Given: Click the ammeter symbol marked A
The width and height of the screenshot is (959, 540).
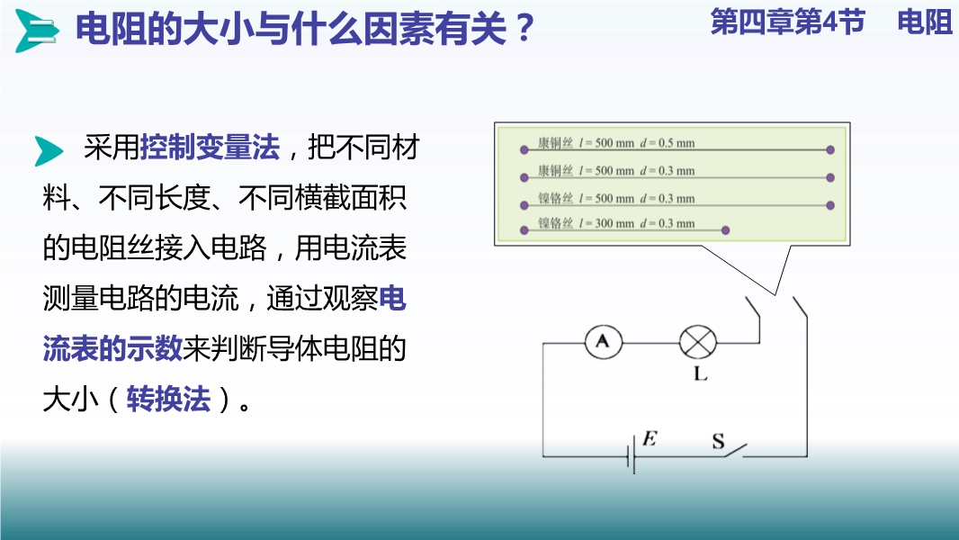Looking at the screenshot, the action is (x=603, y=342).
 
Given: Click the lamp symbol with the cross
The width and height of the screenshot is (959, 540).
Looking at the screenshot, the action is (x=698, y=342).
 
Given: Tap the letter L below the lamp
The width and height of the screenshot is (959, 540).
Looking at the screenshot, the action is (x=700, y=373).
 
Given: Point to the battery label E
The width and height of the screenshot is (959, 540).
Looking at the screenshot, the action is (x=650, y=438).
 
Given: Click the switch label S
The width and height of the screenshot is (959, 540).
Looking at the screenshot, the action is (x=718, y=441).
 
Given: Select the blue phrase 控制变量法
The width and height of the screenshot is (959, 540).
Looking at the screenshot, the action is (x=210, y=148).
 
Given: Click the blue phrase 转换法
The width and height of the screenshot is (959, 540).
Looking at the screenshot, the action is (x=168, y=400).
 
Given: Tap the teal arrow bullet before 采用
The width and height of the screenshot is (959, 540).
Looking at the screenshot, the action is (x=49, y=150).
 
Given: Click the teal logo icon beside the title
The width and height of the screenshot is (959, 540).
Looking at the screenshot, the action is (x=36, y=30).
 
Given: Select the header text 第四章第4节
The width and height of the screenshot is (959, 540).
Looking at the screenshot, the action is (x=788, y=22).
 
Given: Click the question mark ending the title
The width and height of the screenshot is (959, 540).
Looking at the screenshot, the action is (x=524, y=29).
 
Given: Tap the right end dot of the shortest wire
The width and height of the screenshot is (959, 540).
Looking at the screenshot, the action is (x=725, y=230).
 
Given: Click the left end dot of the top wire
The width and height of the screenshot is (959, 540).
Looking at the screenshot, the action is (x=524, y=149).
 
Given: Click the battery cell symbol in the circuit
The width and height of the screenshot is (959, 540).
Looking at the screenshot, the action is (x=632, y=456).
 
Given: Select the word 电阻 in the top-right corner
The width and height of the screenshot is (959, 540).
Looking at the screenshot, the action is (x=925, y=22).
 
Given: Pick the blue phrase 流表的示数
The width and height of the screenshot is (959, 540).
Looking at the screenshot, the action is (x=112, y=349).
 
